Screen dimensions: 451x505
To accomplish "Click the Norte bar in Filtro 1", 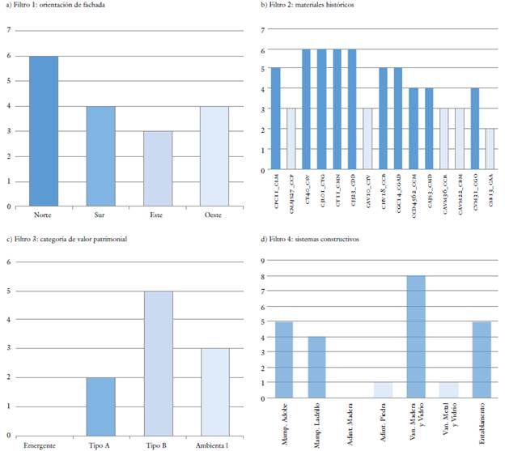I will (44, 131).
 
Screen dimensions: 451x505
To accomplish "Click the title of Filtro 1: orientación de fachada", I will (57, 6).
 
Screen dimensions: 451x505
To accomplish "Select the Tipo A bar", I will (100, 406).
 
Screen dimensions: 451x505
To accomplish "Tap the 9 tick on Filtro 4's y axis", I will (263, 262).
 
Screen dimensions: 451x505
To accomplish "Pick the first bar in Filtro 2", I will (275, 119).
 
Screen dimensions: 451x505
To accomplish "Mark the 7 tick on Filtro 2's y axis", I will (264, 30).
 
